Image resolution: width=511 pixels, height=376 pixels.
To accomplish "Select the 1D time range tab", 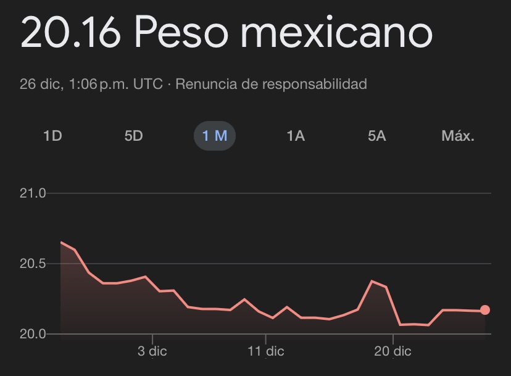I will [52, 136].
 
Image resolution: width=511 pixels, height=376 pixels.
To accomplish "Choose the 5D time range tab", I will [133, 136].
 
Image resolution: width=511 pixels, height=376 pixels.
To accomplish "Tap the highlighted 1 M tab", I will [215, 136].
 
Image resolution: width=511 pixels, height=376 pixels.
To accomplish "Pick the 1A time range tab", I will [296, 136].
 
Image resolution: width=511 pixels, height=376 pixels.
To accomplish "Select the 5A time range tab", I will [376, 136].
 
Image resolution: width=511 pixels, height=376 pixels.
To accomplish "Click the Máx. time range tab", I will [458, 136].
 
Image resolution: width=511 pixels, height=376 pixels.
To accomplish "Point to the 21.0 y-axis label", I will [33, 194].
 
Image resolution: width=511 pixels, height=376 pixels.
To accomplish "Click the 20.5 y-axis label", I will [33, 264].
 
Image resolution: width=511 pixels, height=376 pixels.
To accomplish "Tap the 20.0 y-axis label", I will [33, 334].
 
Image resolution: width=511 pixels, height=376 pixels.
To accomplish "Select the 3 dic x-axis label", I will [152, 352].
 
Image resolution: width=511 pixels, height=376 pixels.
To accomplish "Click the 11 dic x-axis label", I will [265, 352].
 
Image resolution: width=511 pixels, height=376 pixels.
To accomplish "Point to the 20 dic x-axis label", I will [393, 352].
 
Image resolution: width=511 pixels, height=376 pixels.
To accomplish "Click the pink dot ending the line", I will [485, 310].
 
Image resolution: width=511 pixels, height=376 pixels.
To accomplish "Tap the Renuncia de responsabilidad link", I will [271, 84].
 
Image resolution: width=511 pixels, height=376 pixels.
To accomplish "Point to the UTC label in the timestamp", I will [147, 84].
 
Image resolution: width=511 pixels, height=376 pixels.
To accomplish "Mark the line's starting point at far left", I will [61, 242].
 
